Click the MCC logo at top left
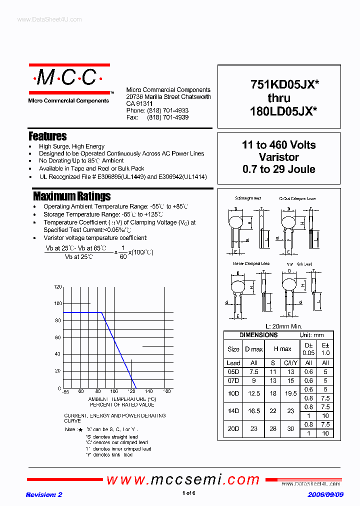(x=69, y=78)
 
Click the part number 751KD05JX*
(x=283, y=85)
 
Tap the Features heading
(x=47, y=136)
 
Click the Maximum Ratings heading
(x=71, y=196)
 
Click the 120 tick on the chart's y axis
(x=57, y=287)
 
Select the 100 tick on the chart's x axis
(x=114, y=391)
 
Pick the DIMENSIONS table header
(x=258, y=335)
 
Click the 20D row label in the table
(x=233, y=429)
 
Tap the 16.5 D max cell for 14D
(x=254, y=411)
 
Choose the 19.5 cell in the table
(x=290, y=393)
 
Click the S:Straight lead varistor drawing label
(x=248, y=198)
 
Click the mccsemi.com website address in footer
(x=183, y=480)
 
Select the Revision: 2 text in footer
(x=44, y=494)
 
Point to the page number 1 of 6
(x=188, y=493)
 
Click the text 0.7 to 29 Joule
(x=278, y=169)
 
